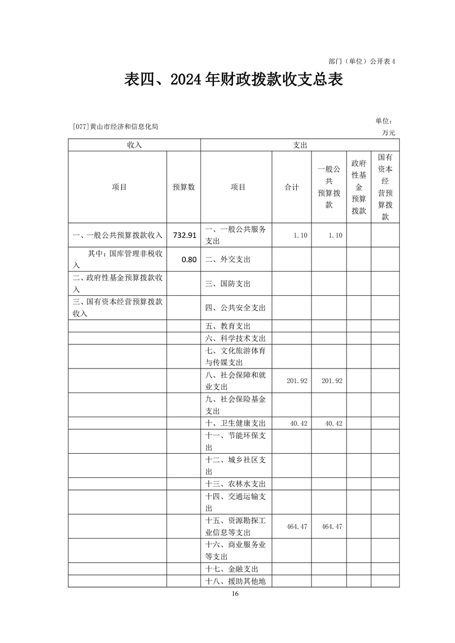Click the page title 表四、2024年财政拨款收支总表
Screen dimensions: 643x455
click(x=234, y=80)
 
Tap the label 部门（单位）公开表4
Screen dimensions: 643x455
click(x=362, y=60)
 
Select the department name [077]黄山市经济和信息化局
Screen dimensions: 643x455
click(x=115, y=127)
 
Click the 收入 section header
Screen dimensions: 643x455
click(x=134, y=145)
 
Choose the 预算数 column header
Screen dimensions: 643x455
click(x=184, y=187)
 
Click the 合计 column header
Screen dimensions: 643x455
click(x=292, y=187)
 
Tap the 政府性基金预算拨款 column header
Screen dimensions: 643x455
click(x=359, y=187)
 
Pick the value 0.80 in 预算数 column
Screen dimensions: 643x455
click(x=189, y=259)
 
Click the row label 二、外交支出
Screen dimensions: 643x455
click(x=228, y=259)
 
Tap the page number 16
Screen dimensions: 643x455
click(x=235, y=593)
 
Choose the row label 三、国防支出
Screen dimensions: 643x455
click(x=228, y=284)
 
